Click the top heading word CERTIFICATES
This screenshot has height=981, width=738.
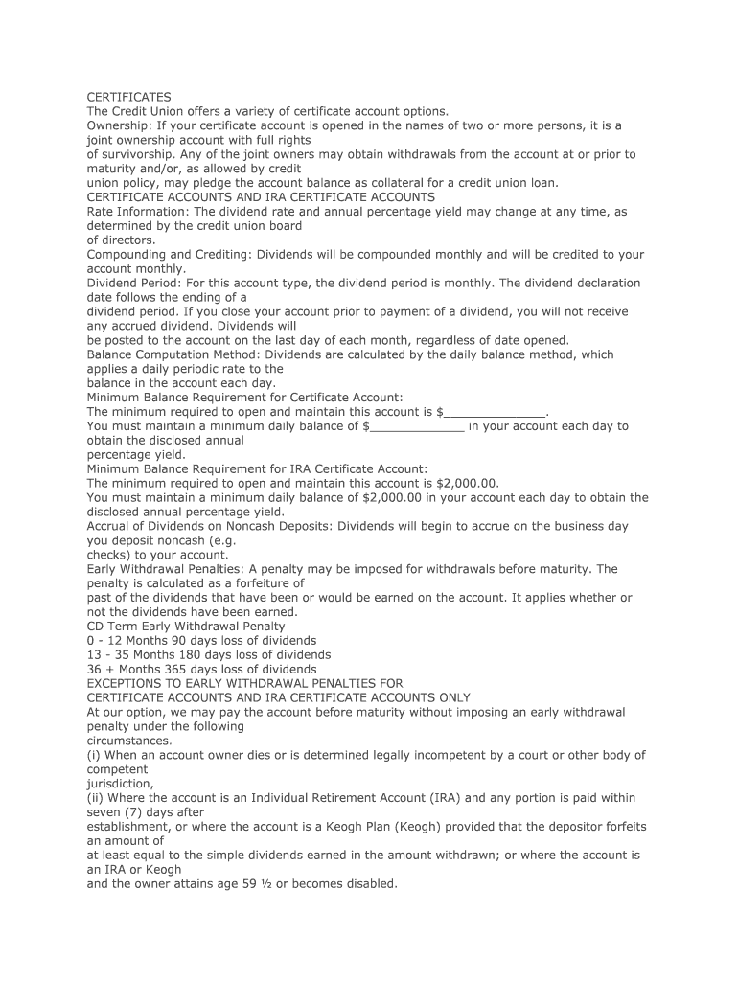129,97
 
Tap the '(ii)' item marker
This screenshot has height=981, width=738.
95,797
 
